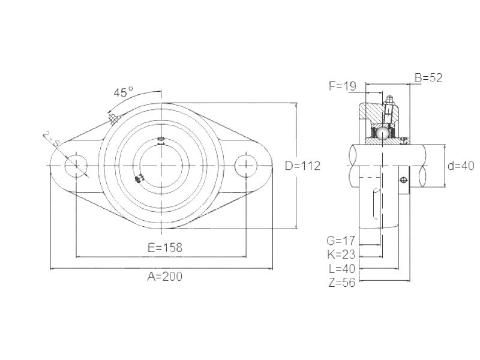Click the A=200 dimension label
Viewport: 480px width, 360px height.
coord(164,277)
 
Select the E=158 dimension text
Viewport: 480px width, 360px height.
coord(165,247)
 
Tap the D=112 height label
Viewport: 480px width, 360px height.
coord(303,166)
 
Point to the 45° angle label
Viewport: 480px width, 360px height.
coord(124,92)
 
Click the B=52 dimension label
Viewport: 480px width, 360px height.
coord(428,78)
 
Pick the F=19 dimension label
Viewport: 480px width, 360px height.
coord(343,86)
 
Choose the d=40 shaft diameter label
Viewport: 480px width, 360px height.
coord(461,166)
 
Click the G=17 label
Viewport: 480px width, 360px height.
coord(341,241)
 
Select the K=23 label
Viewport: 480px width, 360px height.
coord(341,254)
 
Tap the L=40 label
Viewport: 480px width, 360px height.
coord(342,269)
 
